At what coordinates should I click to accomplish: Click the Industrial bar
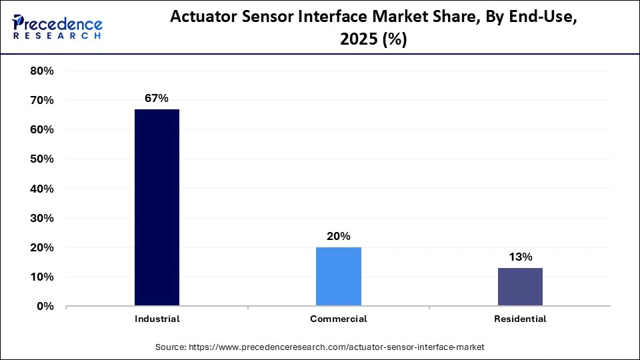coord(157,207)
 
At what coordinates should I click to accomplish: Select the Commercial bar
coord(339,277)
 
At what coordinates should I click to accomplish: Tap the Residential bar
coord(520,287)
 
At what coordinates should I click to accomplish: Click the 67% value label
coord(157,99)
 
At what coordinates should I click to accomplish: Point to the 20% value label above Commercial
coord(339,236)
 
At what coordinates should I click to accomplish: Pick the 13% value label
coord(520,257)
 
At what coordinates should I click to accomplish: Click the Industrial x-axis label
coord(157,319)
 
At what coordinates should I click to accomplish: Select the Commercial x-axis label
coord(339,319)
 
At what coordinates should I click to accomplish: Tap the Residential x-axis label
coord(520,319)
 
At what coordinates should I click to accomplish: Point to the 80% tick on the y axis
coord(42,71)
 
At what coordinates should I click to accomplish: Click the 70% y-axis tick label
coord(42,101)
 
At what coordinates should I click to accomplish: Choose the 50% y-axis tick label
coord(42,159)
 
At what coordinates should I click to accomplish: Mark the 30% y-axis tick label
coord(42,218)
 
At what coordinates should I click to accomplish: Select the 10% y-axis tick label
coord(42,277)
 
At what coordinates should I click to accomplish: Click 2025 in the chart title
coord(359,40)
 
